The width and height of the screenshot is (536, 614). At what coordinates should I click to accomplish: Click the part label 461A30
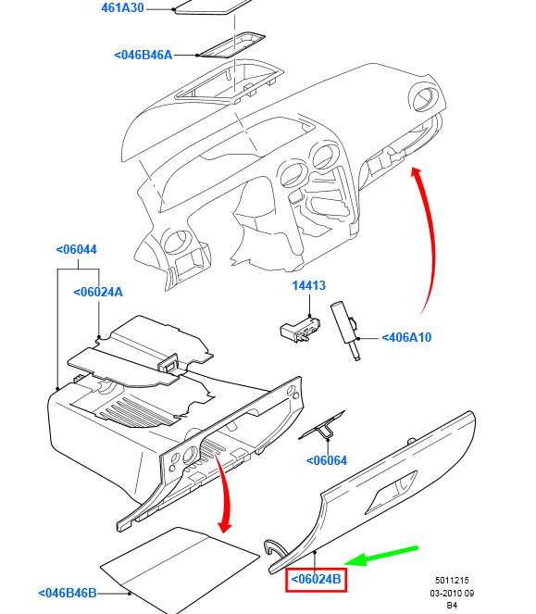[122, 7]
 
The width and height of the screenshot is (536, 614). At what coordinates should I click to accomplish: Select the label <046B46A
[143, 56]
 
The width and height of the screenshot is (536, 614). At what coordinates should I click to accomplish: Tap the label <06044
[76, 249]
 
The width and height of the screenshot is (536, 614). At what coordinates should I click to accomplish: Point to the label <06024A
[98, 292]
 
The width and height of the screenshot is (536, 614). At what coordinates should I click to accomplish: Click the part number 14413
[309, 285]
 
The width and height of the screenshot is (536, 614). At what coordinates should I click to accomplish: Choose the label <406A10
[406, 337]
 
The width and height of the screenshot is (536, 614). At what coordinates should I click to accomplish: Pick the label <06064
[327, 460]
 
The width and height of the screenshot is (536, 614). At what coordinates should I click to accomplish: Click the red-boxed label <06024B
[316, 579]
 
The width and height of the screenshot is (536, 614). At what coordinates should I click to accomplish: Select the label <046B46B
[68, 594]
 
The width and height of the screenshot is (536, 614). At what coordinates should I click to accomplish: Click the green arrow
[381, 556]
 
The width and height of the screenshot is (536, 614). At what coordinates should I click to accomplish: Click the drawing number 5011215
[452, 581]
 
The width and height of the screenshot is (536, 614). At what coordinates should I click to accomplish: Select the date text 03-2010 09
[452, 594]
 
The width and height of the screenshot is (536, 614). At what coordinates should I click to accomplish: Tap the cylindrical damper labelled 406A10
[345, 330]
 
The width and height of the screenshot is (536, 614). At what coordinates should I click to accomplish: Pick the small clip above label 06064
[322, 426]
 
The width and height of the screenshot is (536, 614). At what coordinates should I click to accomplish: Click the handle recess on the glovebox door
[392, 492]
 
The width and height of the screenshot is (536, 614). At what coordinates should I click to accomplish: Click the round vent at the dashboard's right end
[424, 98]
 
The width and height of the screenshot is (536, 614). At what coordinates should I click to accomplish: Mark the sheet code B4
[452, 606]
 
